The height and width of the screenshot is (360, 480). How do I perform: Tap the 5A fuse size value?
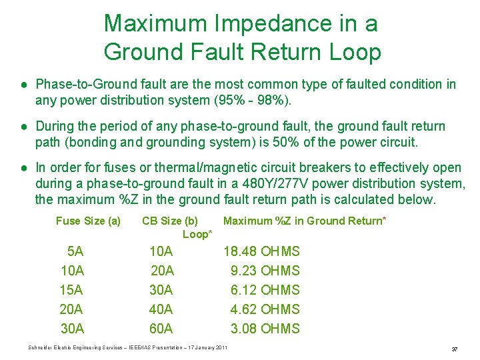[75, 251]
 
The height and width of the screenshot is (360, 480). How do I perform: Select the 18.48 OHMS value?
[261, 251]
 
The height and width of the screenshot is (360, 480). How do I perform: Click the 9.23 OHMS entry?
[265, 271]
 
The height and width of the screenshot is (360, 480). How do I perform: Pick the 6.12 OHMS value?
[265, 290]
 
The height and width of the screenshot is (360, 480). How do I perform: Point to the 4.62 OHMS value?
[265, 309]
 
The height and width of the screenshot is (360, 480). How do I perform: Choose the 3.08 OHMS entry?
[265, 329]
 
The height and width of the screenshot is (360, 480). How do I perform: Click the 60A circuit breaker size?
[161, 329]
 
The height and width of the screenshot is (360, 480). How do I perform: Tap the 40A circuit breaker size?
[161, 309]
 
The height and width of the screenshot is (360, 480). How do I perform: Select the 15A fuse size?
[71, 290]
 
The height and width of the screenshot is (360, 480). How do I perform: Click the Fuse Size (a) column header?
[88, 221]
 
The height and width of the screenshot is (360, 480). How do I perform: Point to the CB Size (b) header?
[170, 221]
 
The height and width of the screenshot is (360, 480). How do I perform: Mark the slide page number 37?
[454, 349]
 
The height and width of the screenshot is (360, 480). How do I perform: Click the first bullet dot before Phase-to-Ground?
[23, 85]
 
